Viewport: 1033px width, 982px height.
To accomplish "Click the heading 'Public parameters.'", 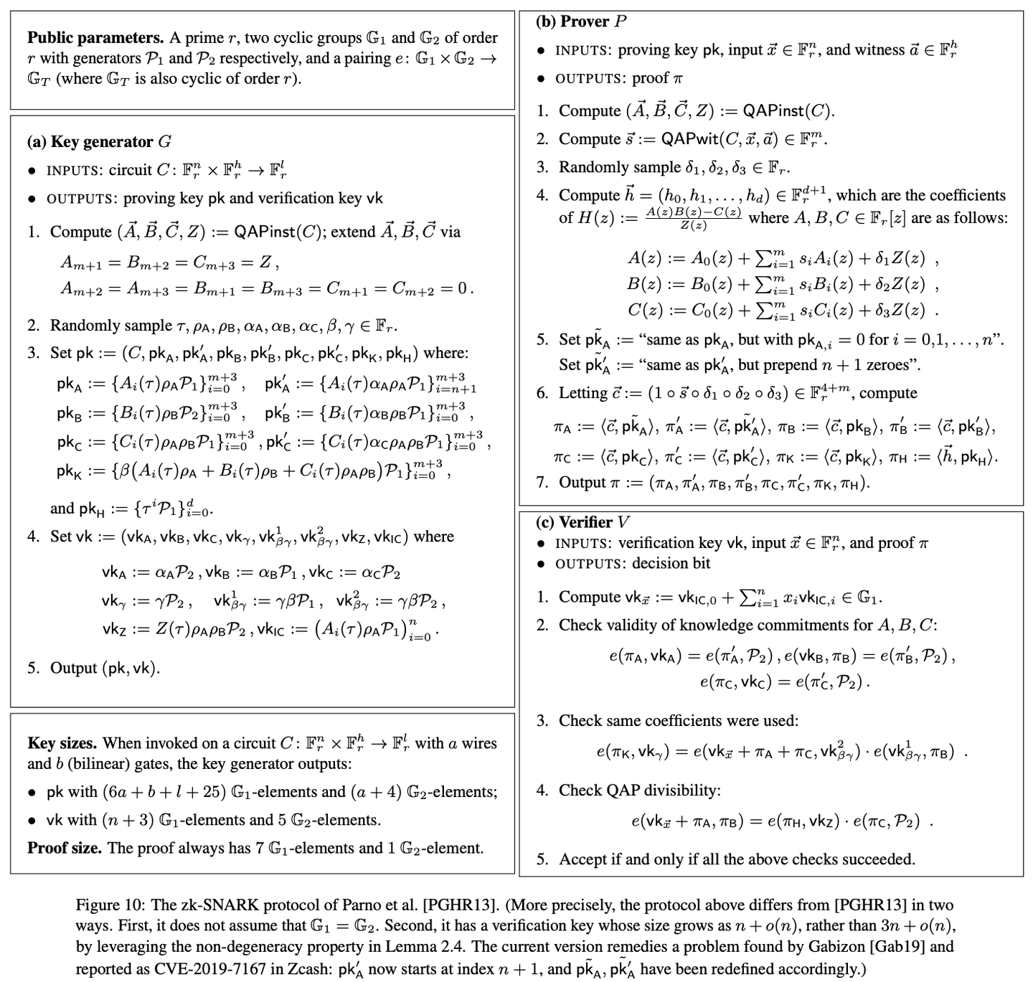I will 95,38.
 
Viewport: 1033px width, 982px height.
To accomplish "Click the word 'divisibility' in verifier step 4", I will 681,790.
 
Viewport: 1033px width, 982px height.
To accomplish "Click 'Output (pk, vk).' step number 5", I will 33,668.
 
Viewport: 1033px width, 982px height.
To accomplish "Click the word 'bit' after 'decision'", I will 700,563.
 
